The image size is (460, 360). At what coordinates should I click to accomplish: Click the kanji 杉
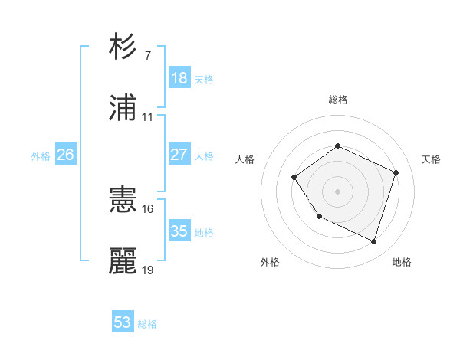point(123,47)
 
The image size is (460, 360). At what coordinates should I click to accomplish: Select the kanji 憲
point(123,201)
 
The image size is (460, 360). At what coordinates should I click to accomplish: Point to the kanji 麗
point(123,261)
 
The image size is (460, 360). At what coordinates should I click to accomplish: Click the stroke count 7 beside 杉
point(147,56)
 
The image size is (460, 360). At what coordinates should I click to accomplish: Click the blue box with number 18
point(179,78)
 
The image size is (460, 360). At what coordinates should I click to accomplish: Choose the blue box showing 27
point(179,155)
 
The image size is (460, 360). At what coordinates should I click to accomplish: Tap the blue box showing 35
point(179,231)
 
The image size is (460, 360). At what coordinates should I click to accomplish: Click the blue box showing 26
point(66,155)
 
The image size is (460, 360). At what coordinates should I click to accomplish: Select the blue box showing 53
point(123,322)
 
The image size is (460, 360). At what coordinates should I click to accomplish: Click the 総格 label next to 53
point(148,324)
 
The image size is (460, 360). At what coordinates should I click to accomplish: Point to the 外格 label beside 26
point(41,156)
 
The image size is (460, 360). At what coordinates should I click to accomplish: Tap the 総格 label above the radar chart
point(337,100)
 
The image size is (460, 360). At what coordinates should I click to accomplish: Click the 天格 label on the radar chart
point(432,159)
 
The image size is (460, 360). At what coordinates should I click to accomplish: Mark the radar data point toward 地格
point(373,242)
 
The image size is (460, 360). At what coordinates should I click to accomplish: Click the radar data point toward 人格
point(295,178)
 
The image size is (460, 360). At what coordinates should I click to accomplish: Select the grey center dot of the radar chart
point(337,191)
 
